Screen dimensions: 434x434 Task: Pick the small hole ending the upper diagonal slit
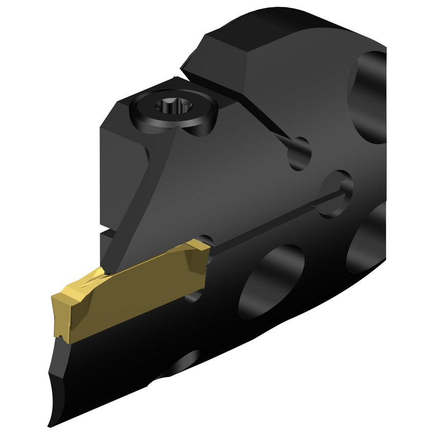(x=300, y=153)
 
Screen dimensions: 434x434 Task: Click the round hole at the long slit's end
(x=335, y=193)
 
